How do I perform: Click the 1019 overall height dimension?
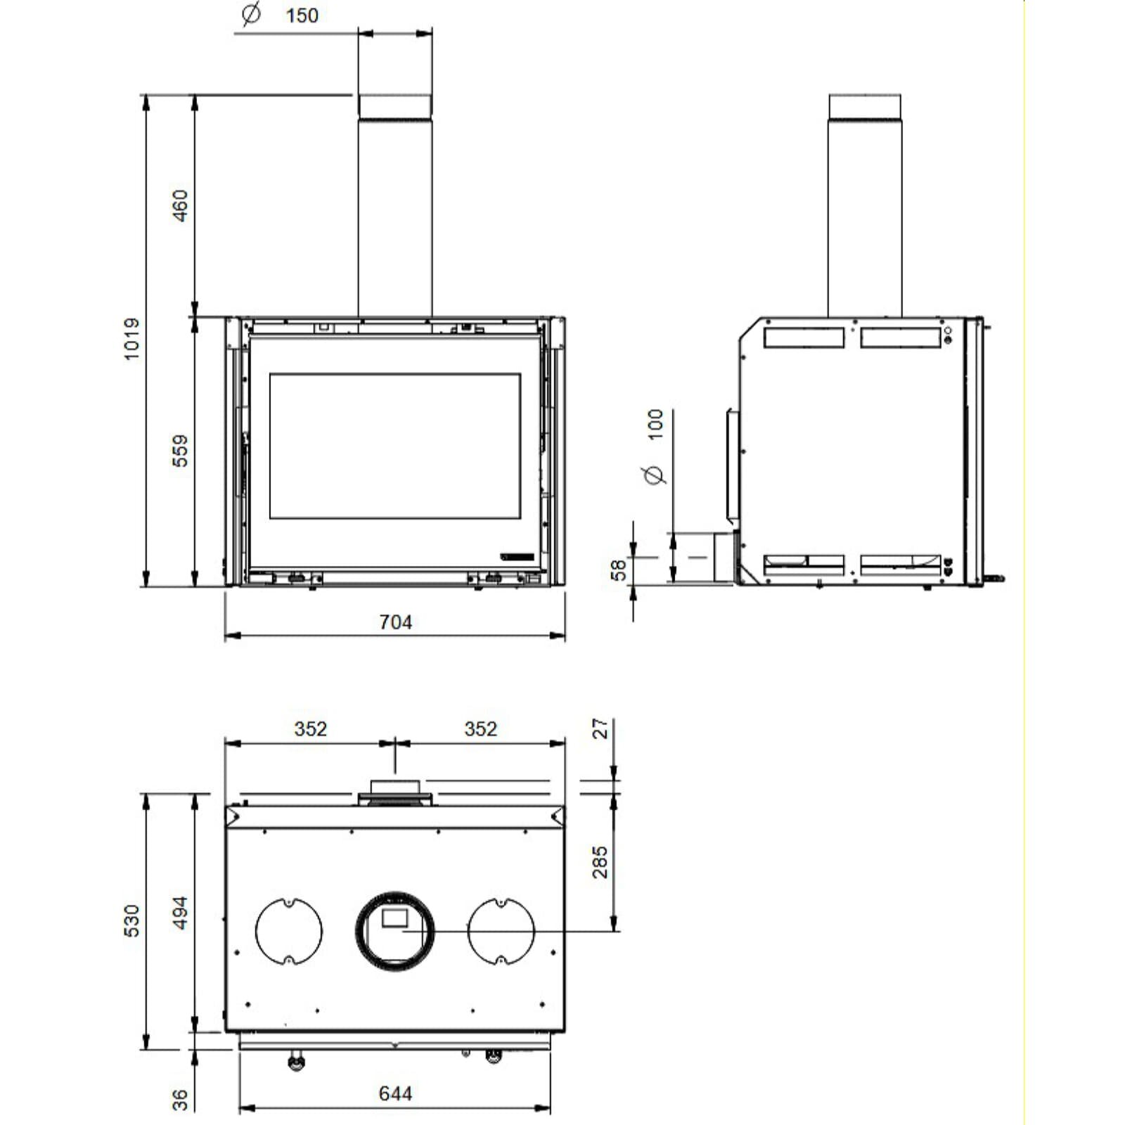pos(132,339)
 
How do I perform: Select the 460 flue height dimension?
pos(181,205)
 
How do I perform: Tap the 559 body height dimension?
pos(181,451)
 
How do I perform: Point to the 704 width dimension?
pos(395,622)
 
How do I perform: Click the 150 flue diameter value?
pos(302,15)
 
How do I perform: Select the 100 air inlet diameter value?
pos(655,425)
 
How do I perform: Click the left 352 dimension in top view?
pos(310,729)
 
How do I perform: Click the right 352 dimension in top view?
pos(480,729)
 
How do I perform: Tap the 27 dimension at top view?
pos(600,728)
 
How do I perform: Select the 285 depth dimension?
pos(600,862)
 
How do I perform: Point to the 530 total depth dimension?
pos(132,920)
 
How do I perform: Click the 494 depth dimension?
pos(181,913)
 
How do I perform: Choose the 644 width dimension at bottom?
pos(395,1093)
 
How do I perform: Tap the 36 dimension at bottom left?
pos(181,1099)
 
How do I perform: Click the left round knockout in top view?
pos(289,931)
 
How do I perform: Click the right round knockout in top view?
pos(501,931)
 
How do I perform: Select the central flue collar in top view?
pos(394,931)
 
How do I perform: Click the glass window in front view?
pos(394,446)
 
